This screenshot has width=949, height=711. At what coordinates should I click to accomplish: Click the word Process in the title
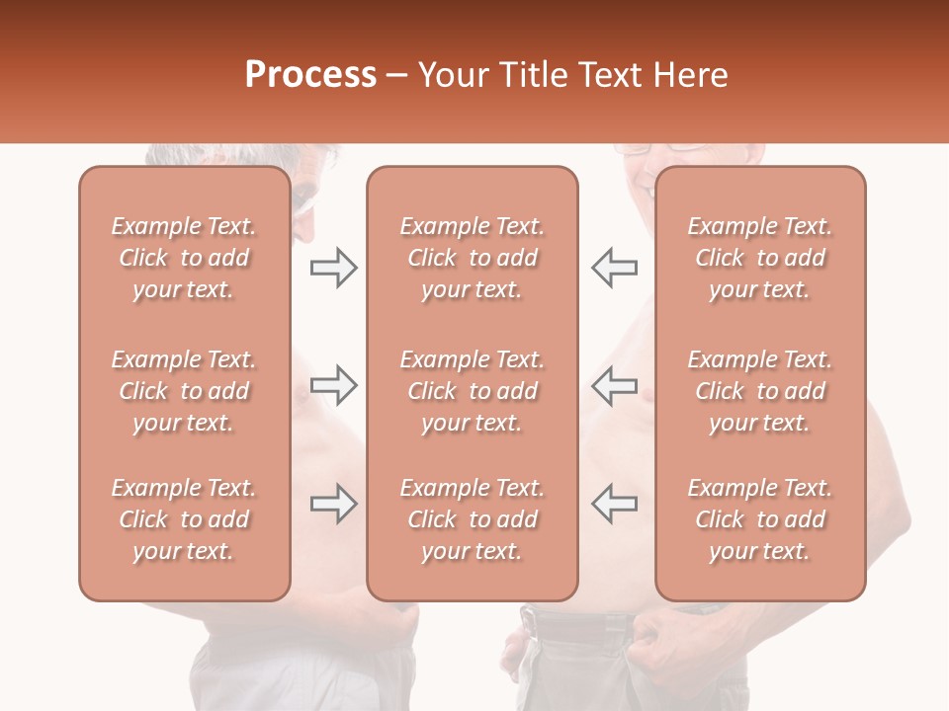[310, 75]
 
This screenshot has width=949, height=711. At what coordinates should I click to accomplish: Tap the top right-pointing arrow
[333, 268]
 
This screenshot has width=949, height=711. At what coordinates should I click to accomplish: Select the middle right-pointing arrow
[333, 385]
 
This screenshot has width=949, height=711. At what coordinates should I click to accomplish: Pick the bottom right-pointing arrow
[333, 504]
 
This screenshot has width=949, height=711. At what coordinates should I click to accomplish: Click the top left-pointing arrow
[614, 268]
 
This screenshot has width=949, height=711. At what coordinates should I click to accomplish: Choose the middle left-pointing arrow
[614, 385]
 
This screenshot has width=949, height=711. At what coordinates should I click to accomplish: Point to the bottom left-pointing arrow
[614, 504]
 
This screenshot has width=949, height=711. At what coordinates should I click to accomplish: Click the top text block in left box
[184, 258]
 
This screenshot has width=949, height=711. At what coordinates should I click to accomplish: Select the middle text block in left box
[184, 391]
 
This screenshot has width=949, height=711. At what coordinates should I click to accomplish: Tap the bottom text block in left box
[184, 519]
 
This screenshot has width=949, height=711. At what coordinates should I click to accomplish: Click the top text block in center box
[472, 258]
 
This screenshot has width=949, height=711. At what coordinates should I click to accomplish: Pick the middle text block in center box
[472, 391]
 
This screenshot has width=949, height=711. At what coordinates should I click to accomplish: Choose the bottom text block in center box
[472, 519]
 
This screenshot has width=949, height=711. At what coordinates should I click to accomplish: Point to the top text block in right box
[759, 258]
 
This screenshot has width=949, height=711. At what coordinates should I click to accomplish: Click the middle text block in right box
[759, 391]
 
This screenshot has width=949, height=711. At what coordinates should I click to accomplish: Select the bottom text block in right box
[759, 519]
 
